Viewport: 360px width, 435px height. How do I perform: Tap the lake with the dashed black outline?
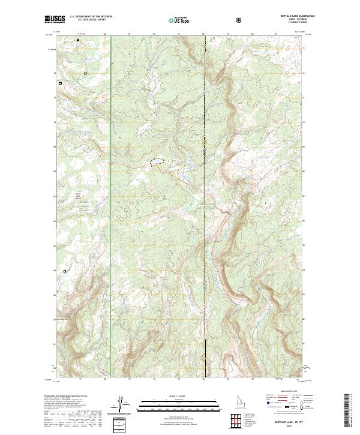click(x=155, y=162)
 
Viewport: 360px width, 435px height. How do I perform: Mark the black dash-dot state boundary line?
click(x=205, y=240)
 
